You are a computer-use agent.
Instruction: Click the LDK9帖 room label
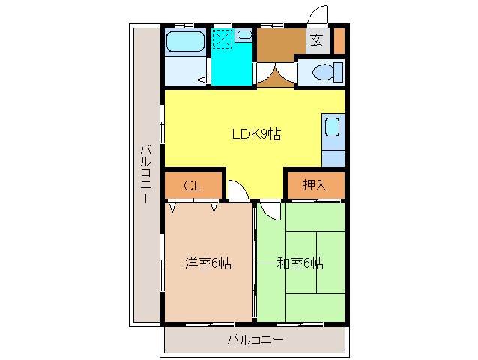click(x=255, y=135)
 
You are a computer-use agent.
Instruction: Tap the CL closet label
click(x=193, y=186)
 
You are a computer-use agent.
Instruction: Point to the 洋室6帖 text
click(x=208, y=263)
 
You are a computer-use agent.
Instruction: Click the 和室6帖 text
click(x=300, y=263)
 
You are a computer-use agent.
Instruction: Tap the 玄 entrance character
click(x=317, y=40)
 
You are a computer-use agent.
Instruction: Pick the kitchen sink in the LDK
click(x=333, y=127)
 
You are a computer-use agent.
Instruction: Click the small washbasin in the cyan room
click(x=243, y=34)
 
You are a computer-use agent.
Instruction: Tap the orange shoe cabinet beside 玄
click(x=339, y=40)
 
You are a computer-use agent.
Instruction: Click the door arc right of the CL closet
click(x=236, y=190)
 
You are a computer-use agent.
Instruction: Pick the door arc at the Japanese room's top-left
click(x=270, y=211)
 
